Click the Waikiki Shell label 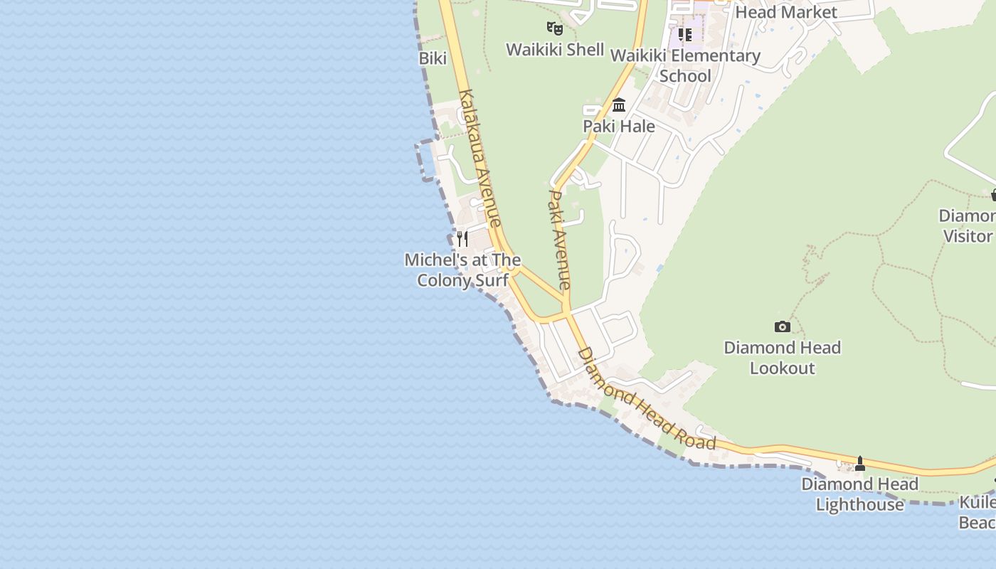(x=555, y=50)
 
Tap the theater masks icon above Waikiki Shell (x=555, y=28)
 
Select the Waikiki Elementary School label (x=685, y=65)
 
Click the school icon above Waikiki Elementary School (x=685, y=34)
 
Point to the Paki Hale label (x=619, y=127)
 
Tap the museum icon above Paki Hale (x=619, y=105)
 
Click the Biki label (x=433, y=58)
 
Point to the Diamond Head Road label (x=646, y=398)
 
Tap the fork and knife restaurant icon (x=462, y=238)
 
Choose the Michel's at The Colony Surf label (x=462, y=270)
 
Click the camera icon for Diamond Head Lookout (x=782, y=326)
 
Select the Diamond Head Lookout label (x=782, y=358)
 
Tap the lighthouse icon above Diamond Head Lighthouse (x=859, y=464)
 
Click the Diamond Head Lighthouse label (x=859, y=494)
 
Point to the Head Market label (x=786, y=12)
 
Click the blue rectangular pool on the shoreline (x=428, y=159)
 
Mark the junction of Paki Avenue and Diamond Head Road (x=567, y=311)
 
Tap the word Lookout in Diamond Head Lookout (x=782, y=368)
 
